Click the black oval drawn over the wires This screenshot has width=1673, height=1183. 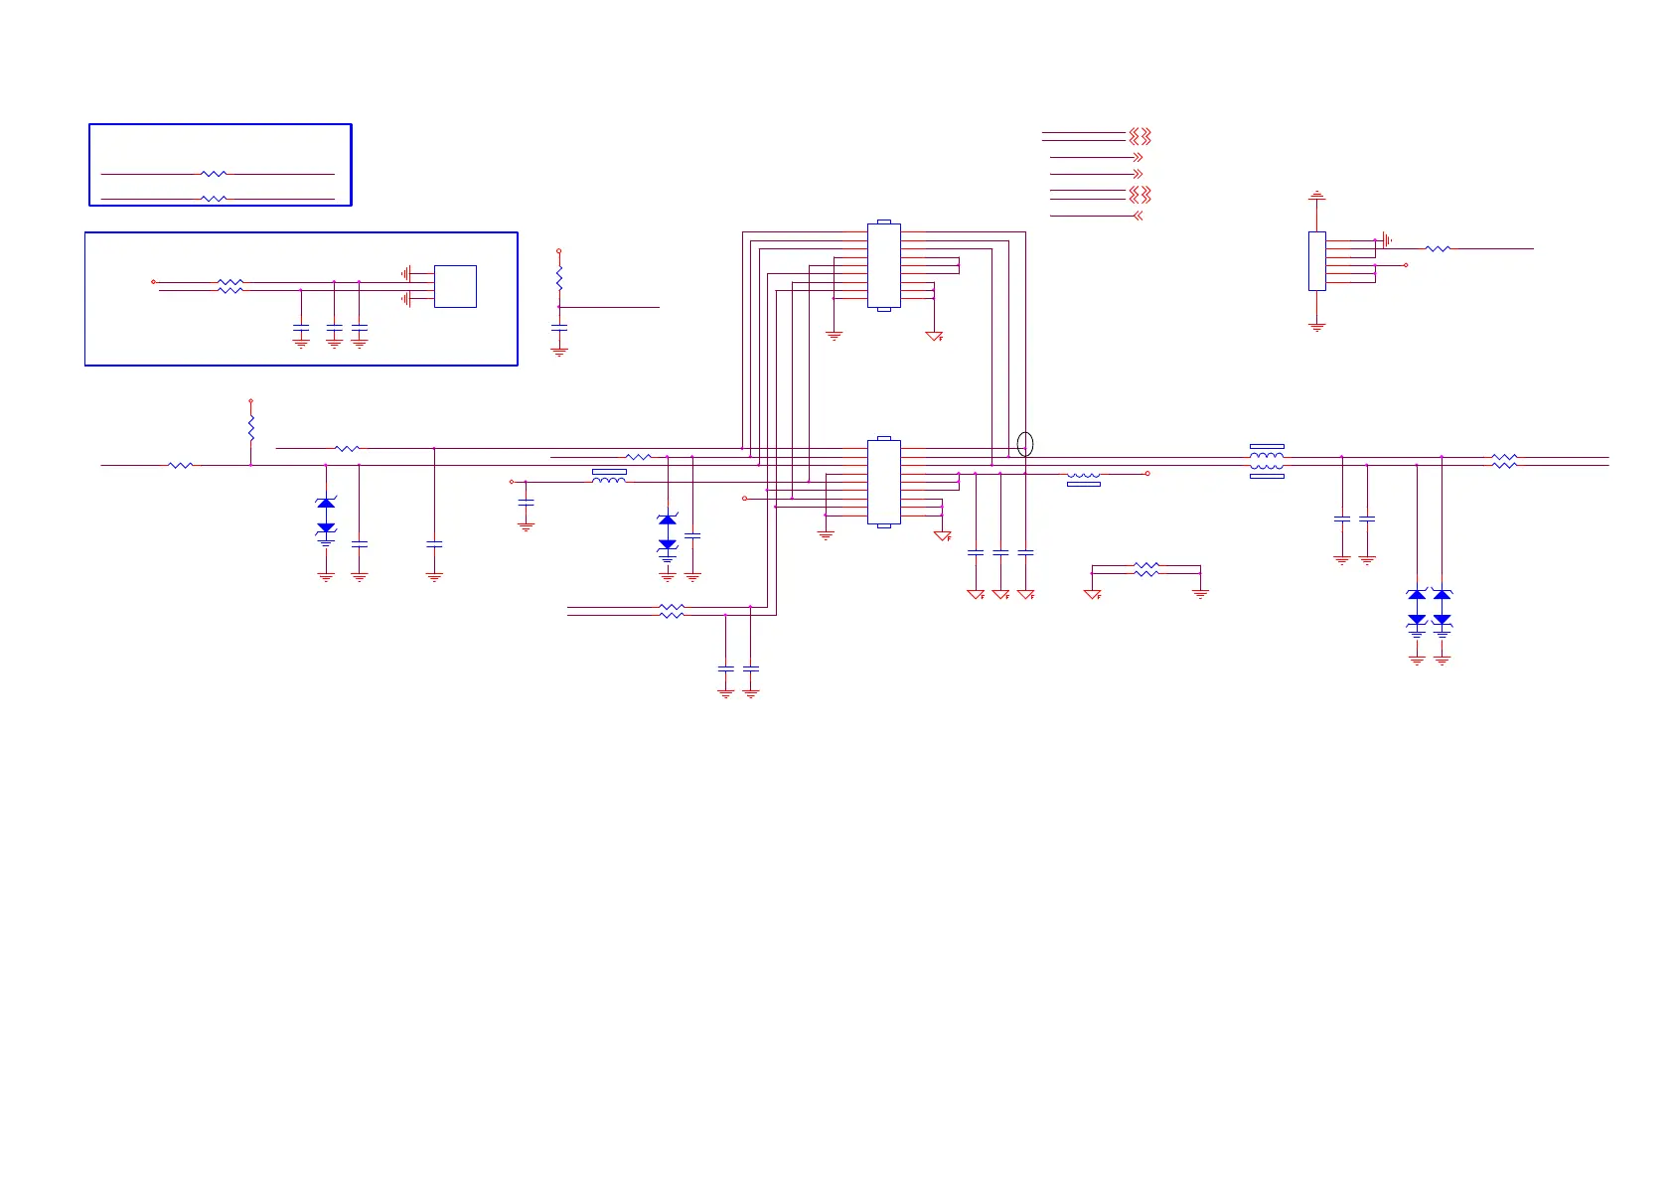point(1025,444)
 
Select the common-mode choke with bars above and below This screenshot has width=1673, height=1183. point(1267,461)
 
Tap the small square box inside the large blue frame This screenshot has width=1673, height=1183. point(455,286)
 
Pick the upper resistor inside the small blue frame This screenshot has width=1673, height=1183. point(214,174)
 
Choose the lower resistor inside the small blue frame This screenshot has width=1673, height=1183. point(214,199)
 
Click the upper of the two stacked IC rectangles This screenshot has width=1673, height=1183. point(883,265)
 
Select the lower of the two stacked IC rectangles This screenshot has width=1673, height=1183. point(883,482)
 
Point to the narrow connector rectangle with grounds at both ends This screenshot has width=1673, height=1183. point(1316,261)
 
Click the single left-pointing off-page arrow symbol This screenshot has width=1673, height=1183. point(1138,216)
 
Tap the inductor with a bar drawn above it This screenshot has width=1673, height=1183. point(609,478)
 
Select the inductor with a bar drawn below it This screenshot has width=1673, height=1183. point(1083,478)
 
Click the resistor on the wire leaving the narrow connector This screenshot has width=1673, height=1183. point(1438,248)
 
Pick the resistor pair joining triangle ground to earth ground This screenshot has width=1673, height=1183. point(1146,569)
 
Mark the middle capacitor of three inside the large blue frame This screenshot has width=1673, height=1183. point(334,328)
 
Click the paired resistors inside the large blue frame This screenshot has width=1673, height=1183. point(229,286)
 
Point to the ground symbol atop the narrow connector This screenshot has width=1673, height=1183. point(1316,196)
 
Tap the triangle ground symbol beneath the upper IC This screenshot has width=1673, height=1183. point(934,337)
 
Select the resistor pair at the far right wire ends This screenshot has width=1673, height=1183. point(1504,461)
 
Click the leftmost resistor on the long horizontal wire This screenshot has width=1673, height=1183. point(180,465)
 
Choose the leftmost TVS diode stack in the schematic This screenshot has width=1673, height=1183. point(326,517)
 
